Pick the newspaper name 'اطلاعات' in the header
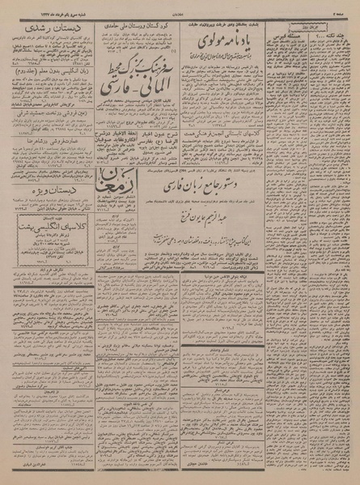(x=180, y=6)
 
